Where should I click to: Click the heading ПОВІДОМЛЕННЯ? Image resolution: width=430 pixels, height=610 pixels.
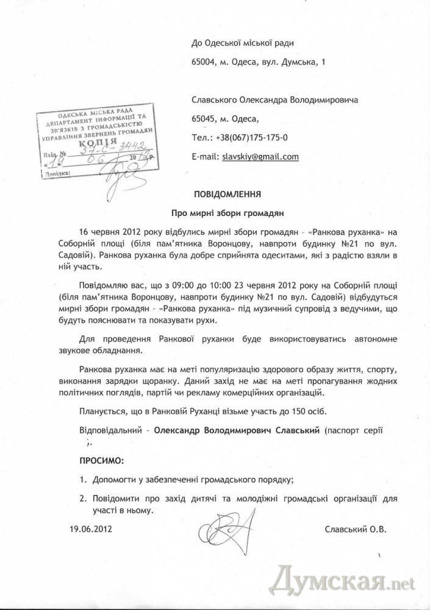point(227,195)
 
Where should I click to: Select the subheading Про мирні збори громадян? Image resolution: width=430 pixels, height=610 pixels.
point(227,213)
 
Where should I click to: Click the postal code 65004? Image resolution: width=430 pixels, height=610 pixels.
point(203,62)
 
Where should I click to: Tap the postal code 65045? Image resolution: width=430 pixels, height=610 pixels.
point(203,119)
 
